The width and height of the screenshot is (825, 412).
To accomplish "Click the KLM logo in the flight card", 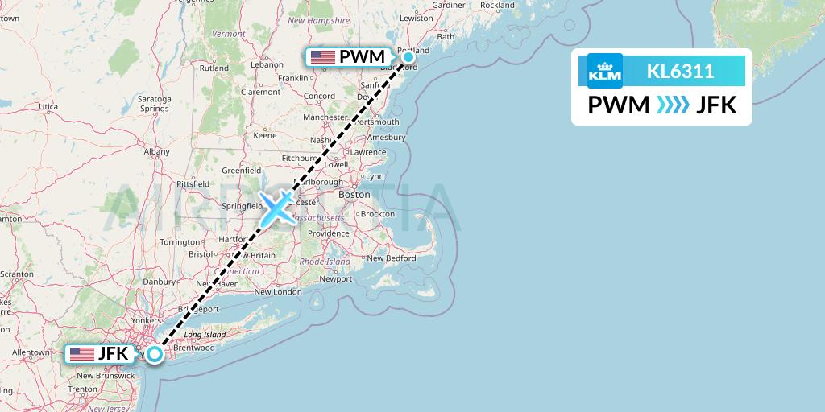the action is (x=605, y=71).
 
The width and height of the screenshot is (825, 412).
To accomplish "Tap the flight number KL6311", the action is (x=680, y=71).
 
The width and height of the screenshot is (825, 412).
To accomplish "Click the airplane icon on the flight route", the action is (x=277, y=208).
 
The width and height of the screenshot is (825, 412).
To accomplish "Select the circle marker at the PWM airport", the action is (x=408, y=56).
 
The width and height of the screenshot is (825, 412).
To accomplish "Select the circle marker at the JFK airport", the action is (x=155, y=353).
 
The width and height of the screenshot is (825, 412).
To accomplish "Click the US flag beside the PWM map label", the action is (x=322, y=56).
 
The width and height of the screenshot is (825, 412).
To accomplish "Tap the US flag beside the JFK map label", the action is (x=81, y=353).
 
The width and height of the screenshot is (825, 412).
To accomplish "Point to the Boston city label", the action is (x=354, y=195).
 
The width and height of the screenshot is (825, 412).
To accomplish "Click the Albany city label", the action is (x=156, y=151).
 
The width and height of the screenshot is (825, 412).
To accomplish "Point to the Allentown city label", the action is (x=30, y=352).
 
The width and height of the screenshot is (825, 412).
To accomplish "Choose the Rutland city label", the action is (x=214, y=68).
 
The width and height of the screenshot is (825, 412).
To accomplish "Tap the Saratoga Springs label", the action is (x=154, y=103).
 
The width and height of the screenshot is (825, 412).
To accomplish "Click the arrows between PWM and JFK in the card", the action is (x=674, y=105).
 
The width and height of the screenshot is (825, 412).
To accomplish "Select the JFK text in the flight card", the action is (x=717, y=105).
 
